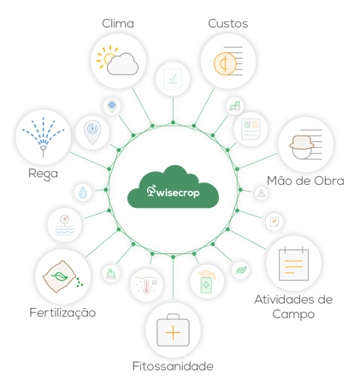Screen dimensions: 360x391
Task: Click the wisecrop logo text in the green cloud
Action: tap(173, 192)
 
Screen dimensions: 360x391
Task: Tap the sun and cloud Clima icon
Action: tap(117, 61)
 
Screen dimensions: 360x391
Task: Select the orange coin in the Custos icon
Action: tap(225, 64)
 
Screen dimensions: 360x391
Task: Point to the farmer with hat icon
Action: tap(302, 146)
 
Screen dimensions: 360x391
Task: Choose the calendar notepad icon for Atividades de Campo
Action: tap(293, 264)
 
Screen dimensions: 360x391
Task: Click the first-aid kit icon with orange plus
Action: tap(173, 330)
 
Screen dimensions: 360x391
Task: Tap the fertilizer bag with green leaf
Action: tap(61, 276)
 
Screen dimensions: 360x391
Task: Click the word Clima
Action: tap(118, 23)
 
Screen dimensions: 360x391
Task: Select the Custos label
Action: tap(228, 23)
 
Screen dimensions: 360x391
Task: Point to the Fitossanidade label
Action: tap(173, 366)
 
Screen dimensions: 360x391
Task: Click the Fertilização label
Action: tap(62, 313)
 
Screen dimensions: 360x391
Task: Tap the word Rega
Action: tap(43, 174)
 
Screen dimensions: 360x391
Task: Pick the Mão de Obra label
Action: tap(305, 181)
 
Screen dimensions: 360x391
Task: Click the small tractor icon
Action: tap(235, 106)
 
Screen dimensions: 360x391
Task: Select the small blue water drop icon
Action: tap(83, 193)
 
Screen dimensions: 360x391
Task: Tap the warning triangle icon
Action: tap(262, 193)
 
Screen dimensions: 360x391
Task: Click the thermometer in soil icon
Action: tap(146, 285)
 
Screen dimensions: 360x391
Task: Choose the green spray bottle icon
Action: tap(207, 281)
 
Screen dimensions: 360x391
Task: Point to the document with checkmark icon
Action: tap(173, 79)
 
